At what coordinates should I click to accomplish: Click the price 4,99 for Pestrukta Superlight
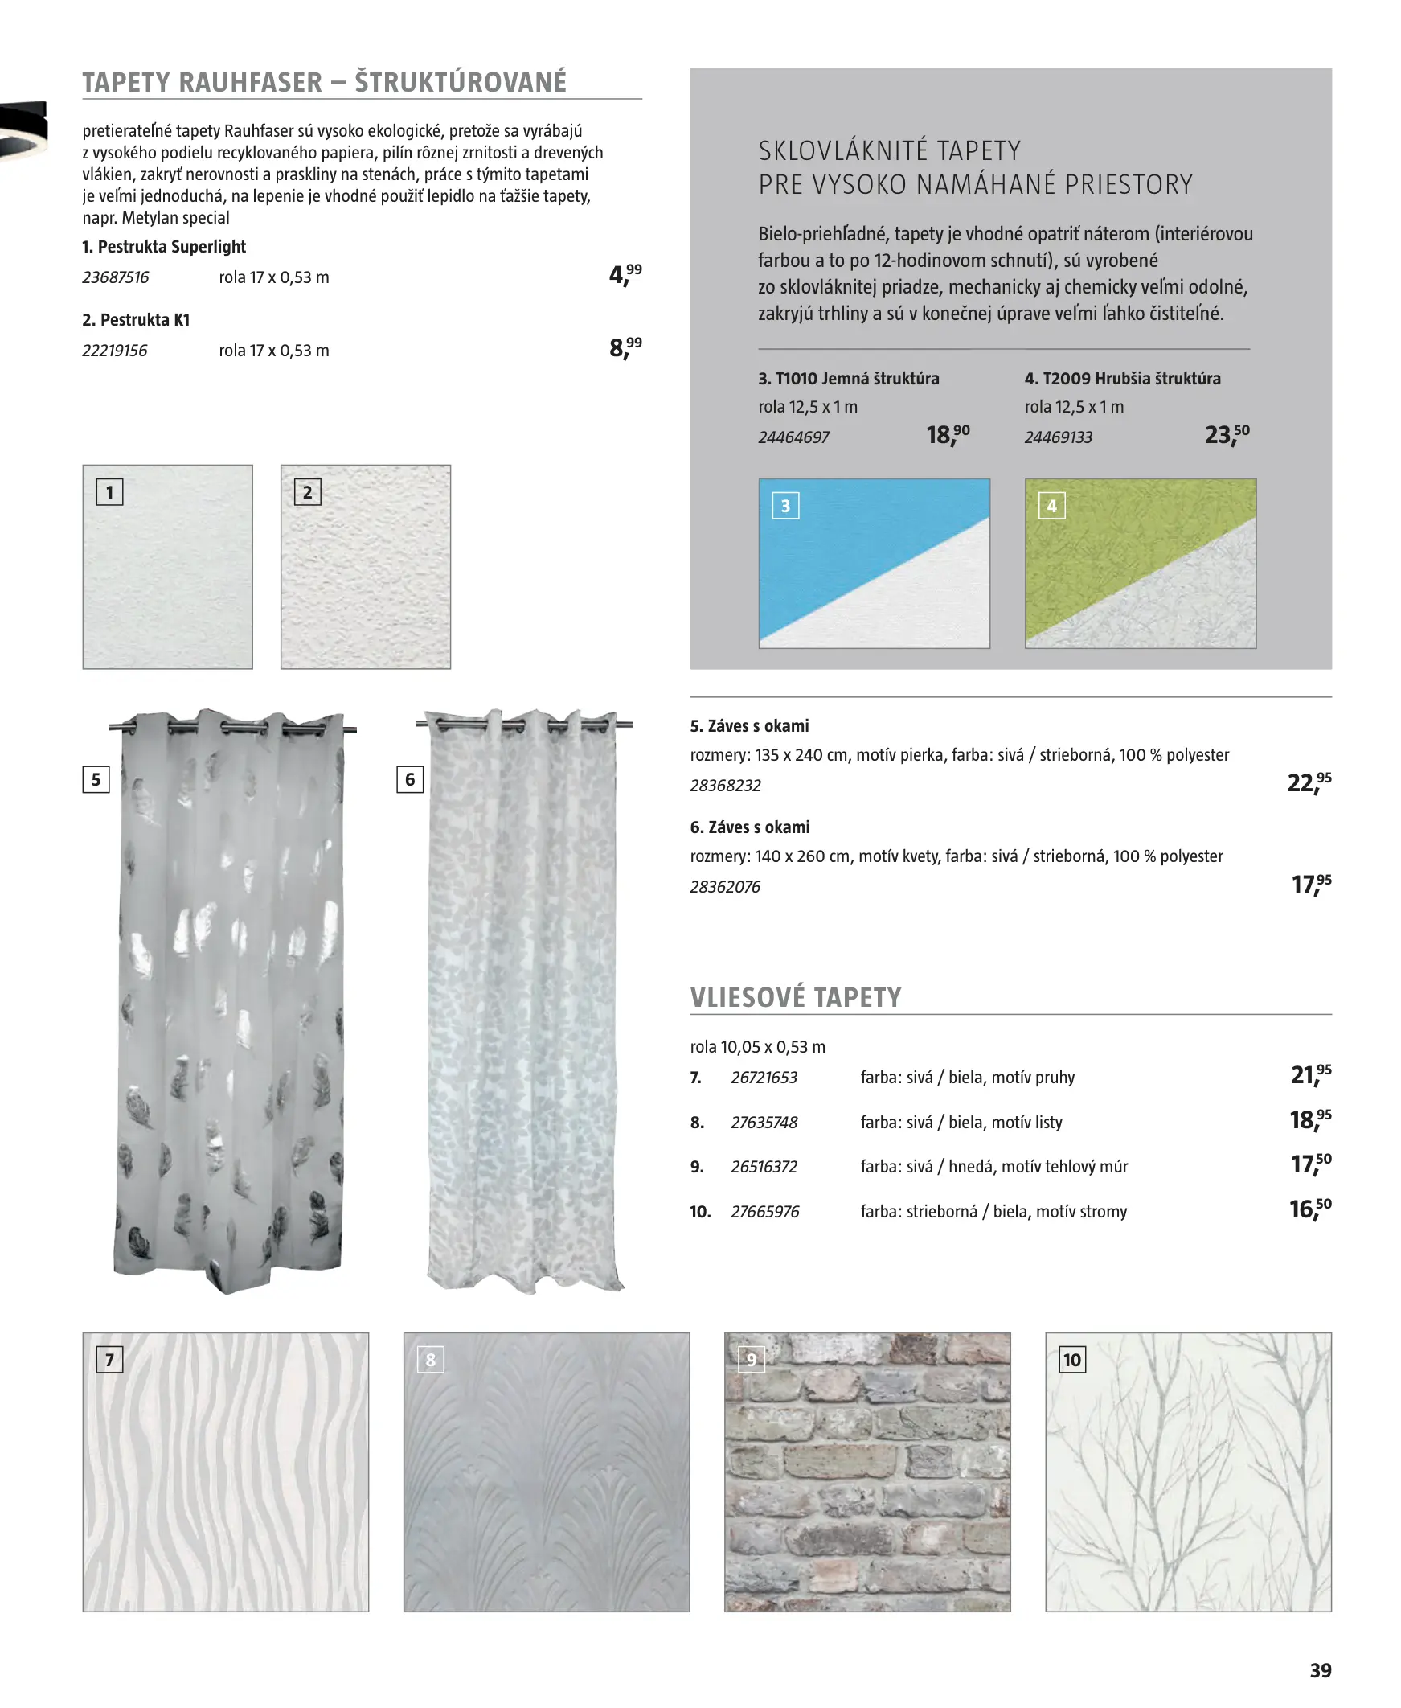click(x=625, y=275)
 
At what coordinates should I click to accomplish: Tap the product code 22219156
click(x=115, y=351)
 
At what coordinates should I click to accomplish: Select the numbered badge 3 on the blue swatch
click(x=785, y=506)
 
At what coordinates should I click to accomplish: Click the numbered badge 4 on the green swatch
click(x=1051, y=506)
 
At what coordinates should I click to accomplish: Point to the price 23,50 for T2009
click(x=1226, y=435)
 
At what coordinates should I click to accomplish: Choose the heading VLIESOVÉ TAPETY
click(x=795, y=998)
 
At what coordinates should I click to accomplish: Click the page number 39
click(x=1320, y=1670)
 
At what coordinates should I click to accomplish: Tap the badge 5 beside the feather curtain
click(x=96, y=780)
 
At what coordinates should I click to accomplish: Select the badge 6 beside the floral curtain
click(x=410, y=780)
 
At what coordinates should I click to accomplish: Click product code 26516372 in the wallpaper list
click(x=764, y=1167)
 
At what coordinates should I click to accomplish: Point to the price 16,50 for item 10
click(x=1309, y=1209)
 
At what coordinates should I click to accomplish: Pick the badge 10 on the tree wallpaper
click(x=1071, y=1360)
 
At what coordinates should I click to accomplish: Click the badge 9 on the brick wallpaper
click(x=752, y=1360)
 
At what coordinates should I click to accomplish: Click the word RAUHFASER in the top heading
click(x=250, y=82)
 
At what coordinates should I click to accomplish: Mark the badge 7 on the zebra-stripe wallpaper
click(x=110, y=1360)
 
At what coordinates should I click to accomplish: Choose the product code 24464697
click(x=793, y=437)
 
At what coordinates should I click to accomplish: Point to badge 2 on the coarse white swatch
click(x=308, y=492)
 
